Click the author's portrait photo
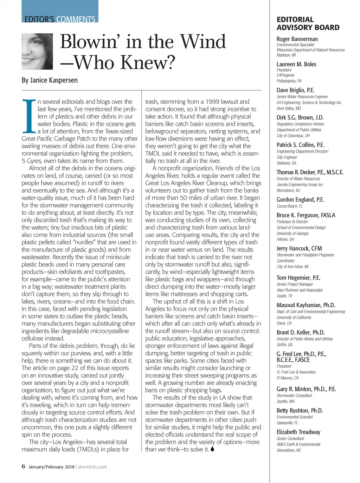pyautogui.click(x=37, y=51)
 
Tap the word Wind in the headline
pyautogui.click(x=203, y=42)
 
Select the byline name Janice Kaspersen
pyautogui.click(x=50, y=80)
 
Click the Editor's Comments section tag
pyautogui.click(x=60, y=19)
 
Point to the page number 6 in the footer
pyautogui.click(x=24, y=466)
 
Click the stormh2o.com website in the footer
pyautogui.click(x=92, y=467)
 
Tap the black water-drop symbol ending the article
pyautogui.click(x=212, y=449)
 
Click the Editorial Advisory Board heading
pyautogui.click(x=308, y=24)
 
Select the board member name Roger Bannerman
pyautogui.click(x=297, y=39)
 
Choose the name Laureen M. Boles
pyautogui.click(x=296, y=64)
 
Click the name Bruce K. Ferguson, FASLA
pyautogui.click(x=306, y=215)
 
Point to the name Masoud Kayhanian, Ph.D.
pyautogui.click(x=306, y=305)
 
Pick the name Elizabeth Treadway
pyautogui.click(x=298, y=432)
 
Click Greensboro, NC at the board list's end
pyautogui.click(x=289, y=450)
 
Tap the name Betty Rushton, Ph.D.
pyautogui.click(x=300, y=411)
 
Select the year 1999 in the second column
pyautogui.click(x=213, y=102)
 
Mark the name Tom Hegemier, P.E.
pyautogui.click(x=298, y=278)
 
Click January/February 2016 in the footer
pyautogui.click(x=52, y=467)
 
